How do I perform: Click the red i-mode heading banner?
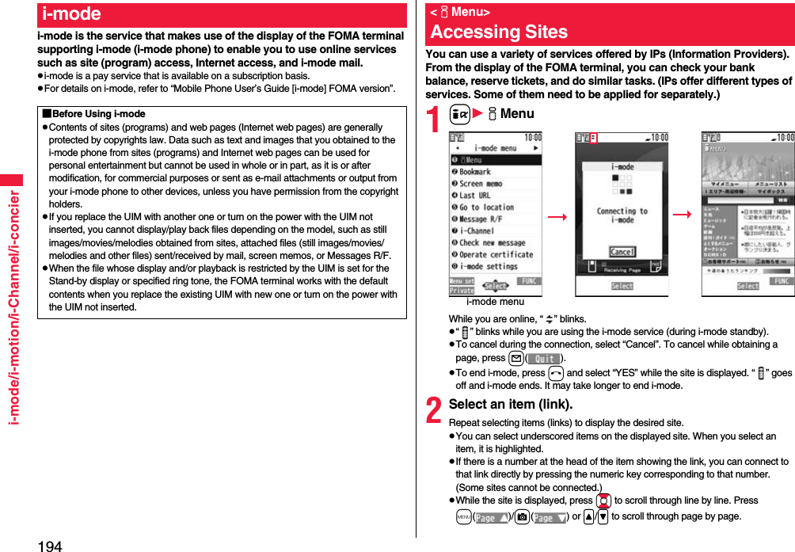pos(221,14)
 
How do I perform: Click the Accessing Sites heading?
pos(499,32)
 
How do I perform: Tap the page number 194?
pos(49,544)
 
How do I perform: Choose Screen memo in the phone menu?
pos(481,184)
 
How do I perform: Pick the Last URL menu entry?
pos(475,196)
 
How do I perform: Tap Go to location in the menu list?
pos(486,207)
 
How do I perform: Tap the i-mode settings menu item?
pos(489,267)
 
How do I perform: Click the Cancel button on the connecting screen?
pos(622,252)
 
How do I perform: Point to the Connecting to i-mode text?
pos(622,215)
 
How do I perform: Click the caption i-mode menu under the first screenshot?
pos(495,302)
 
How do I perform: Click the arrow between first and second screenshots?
pos(557,215)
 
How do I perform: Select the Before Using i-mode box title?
pos(95,115)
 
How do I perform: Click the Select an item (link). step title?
pos(511,404)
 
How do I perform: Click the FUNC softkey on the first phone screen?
pos(530,281)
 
